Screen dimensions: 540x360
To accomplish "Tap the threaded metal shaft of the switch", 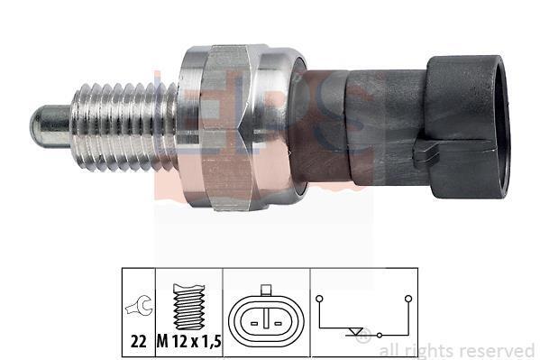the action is tap(124, 127).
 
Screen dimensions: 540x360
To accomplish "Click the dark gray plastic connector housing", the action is tap(448, 127).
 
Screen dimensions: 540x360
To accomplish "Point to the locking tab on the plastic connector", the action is tap(426, 151).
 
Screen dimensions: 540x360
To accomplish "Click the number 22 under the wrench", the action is tap(139, 341).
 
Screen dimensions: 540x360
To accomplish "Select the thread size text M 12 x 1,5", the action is tap(189, 341).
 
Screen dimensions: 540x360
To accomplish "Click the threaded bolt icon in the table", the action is tap(189, 307).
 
